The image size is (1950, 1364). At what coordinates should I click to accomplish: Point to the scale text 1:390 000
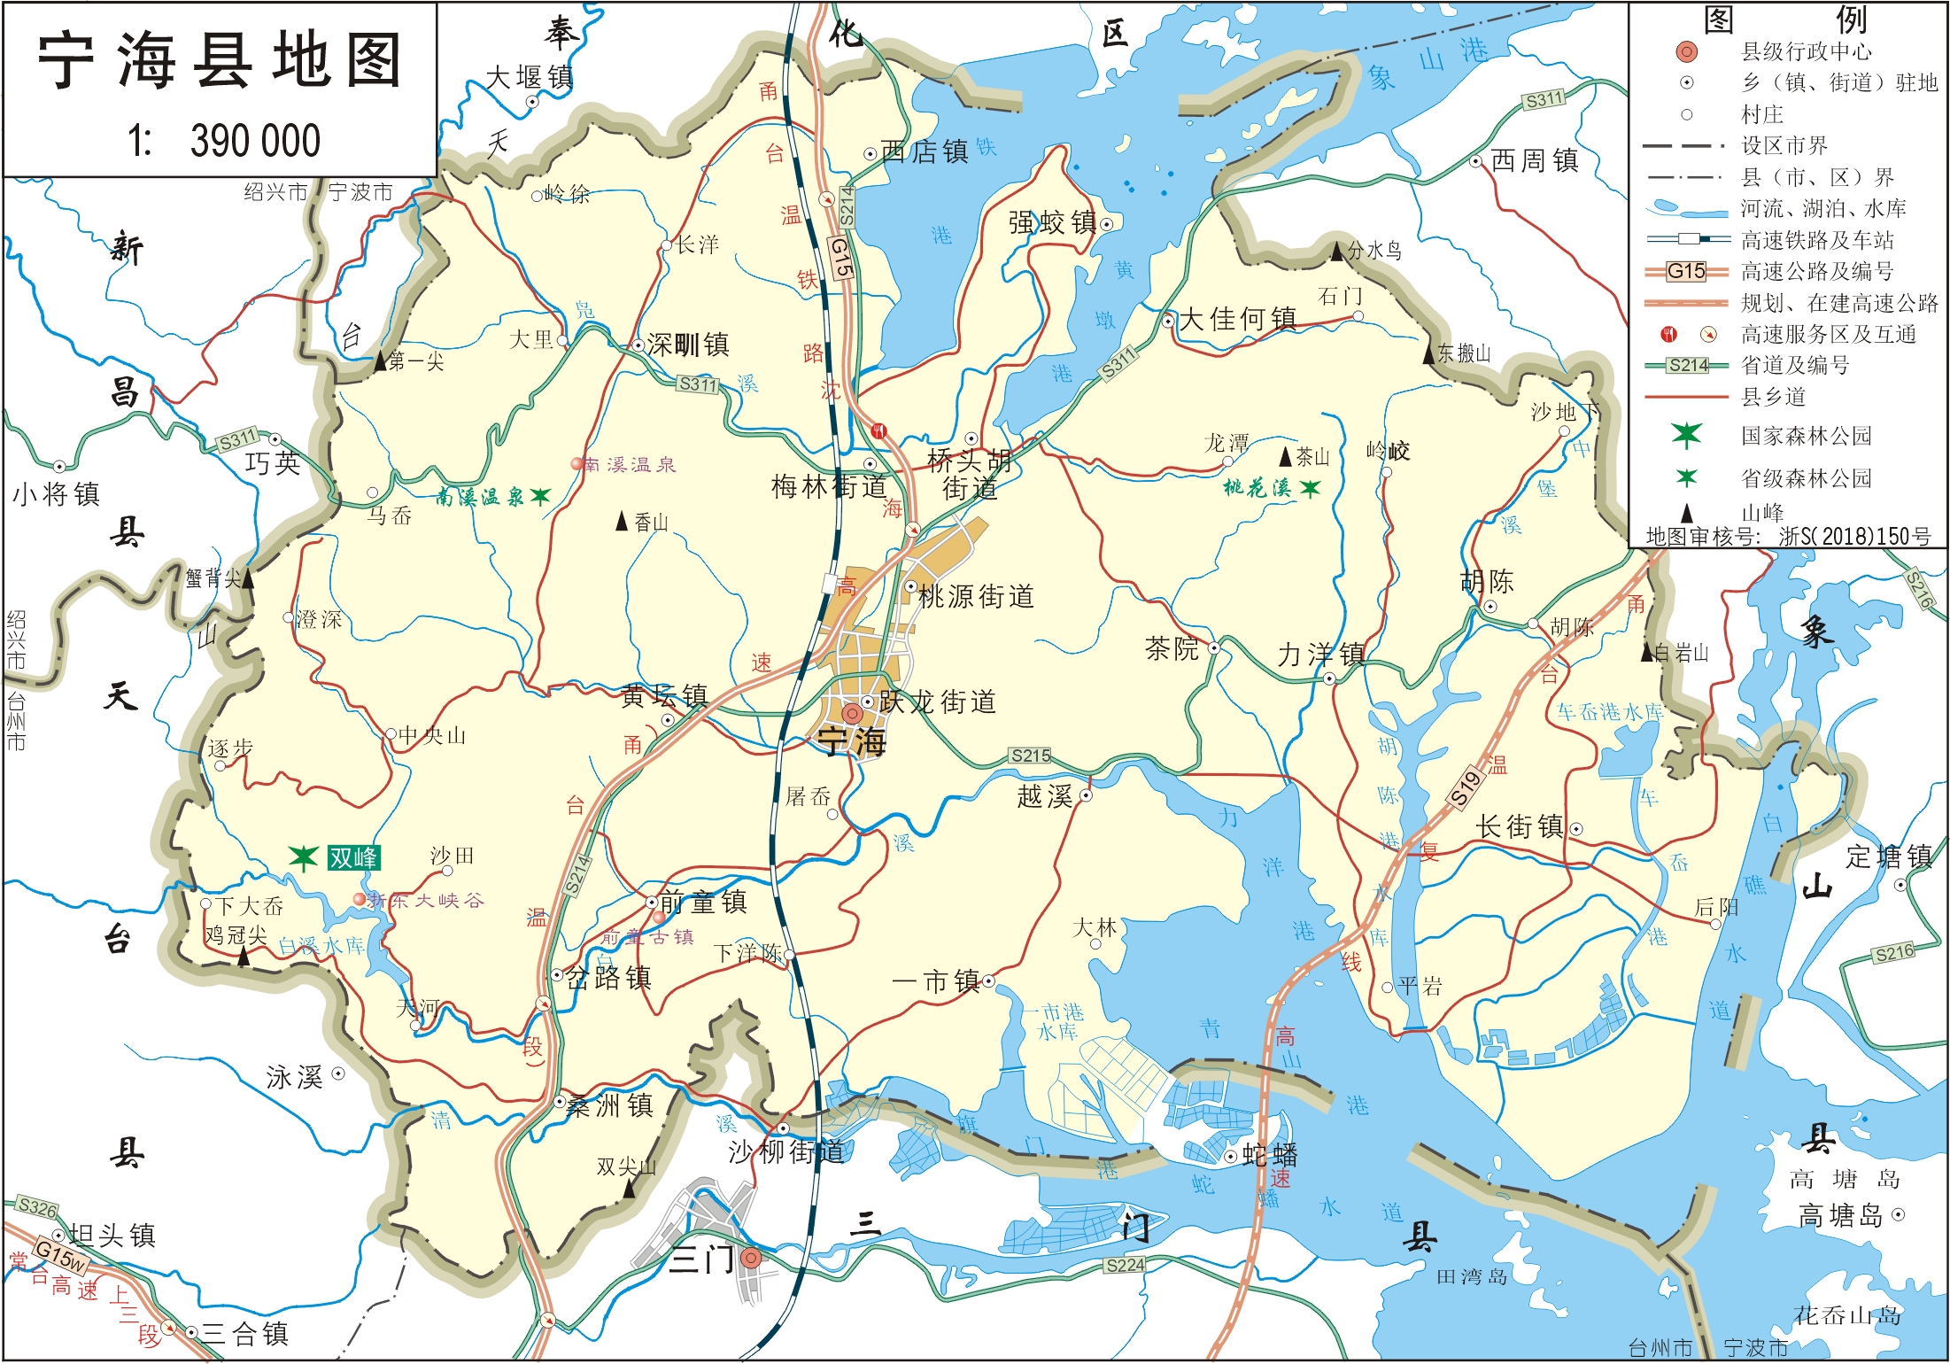point(223,141)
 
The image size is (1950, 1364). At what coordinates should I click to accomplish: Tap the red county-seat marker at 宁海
point(852,713)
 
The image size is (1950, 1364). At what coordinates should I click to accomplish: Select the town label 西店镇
point(925,151)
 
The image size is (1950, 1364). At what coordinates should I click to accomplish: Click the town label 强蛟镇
point(1052,222)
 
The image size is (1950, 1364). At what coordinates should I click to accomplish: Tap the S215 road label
point(1031,756)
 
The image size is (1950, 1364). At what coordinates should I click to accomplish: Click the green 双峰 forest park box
point(352,857)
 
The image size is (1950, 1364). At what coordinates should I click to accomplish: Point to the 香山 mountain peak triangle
point(622,523)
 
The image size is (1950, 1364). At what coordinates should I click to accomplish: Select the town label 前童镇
point(703,902)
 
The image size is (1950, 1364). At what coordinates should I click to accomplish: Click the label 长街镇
point(1520,826)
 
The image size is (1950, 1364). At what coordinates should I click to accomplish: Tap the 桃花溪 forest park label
point(1257,488)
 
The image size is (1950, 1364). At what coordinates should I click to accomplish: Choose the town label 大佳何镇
point(1238,319)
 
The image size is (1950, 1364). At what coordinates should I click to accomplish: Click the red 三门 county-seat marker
point(751,1258)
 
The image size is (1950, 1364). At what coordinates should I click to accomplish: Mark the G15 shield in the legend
point(1686,271)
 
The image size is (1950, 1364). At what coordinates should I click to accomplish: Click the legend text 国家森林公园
point(1807,436)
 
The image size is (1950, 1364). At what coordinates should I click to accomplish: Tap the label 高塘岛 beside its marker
point(1840,1214)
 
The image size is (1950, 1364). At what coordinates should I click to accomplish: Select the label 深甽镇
point(688,345)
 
